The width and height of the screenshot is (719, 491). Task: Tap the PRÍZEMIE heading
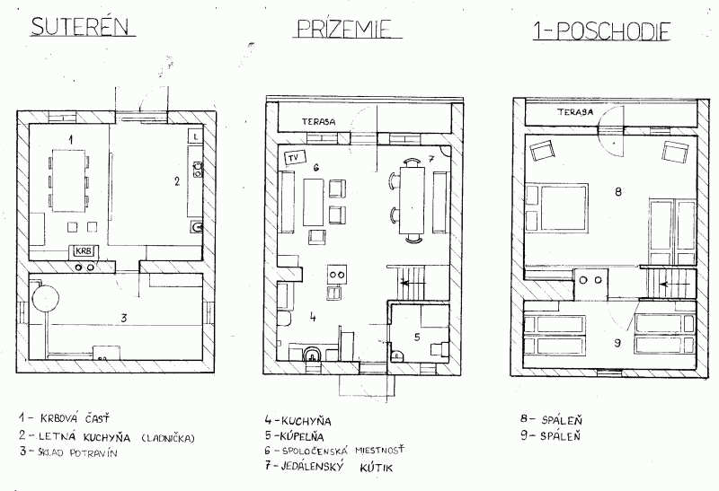click(x=345, y=29)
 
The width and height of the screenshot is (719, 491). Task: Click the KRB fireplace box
click(x=84, y=251)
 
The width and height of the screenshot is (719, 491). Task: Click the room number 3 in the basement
click(x=125, y=317)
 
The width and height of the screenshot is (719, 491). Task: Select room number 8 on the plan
click(x=617, y=191)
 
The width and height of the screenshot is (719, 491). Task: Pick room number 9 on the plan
click(x=617, y=342)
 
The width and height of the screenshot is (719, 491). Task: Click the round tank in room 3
click(x=42, y=296)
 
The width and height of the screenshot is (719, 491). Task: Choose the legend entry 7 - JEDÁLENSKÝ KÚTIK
click(x=330, y=468)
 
